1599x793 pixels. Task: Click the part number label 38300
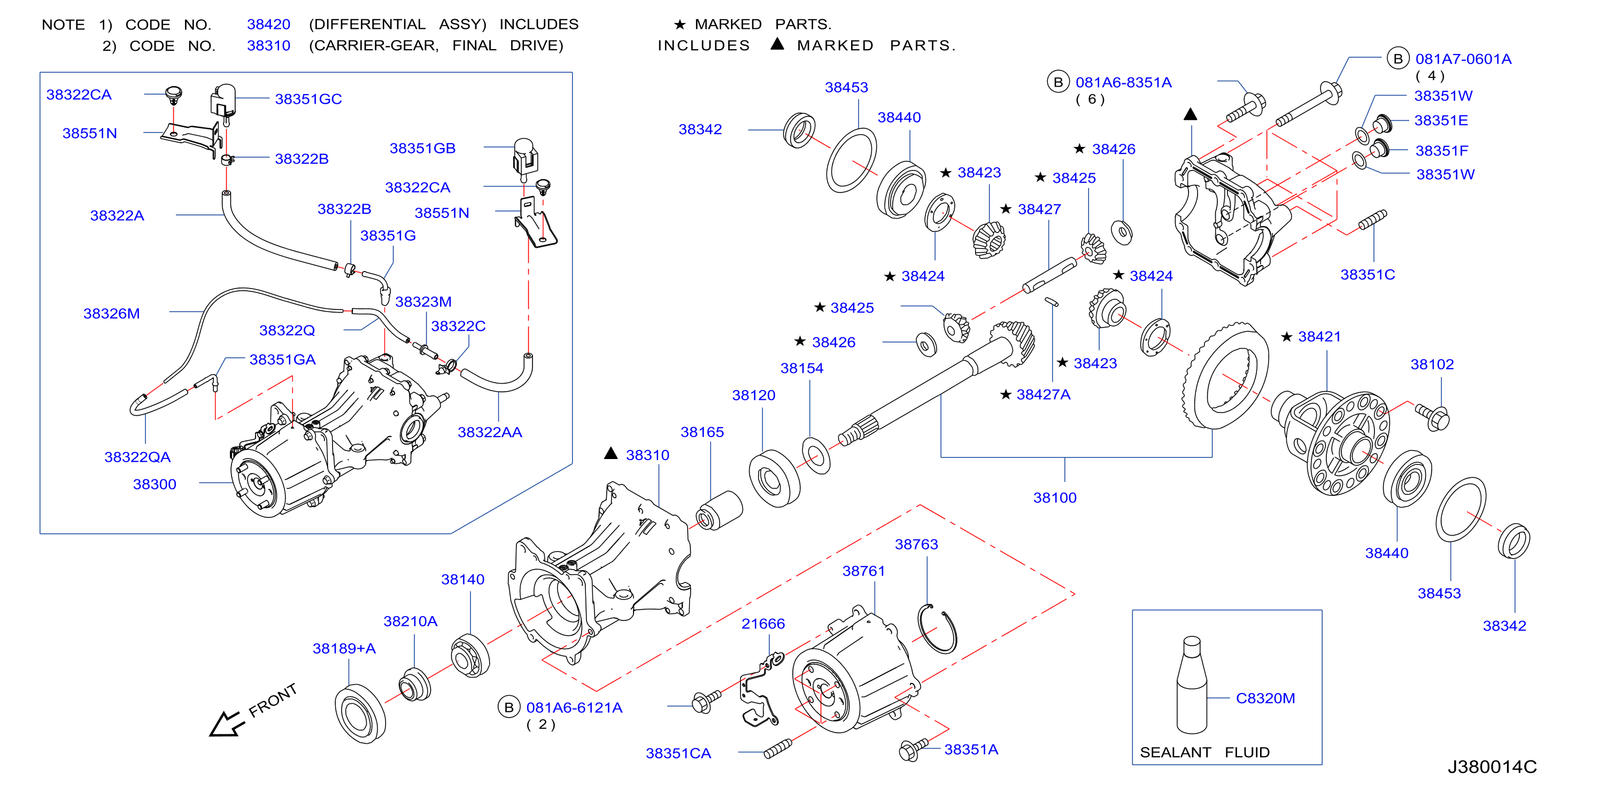pyautogui.click(x=155, y=484)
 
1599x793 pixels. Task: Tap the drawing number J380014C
pyautogui.click(x=1492, y=767)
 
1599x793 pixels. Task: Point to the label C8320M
pyautogui.click(x=1265, y=698)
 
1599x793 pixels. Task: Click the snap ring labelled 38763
pyautogui.click(x=937, y=628)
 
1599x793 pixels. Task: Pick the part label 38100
pyautogui.click(x=1055, y=497)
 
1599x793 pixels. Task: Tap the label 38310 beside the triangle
pyautogui.click(x=647, y=455)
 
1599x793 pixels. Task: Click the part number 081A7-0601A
pyautogui.click(x=1463, y=59)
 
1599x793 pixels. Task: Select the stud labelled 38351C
pyautogui.click(x=1373, y=220)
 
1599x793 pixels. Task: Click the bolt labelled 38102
pyautogui.click(x=1432, y=416)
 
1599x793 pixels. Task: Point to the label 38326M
pyautogui.click(x=112, y=313)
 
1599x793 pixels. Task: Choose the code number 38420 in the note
pyautogui.click(x=269, y=24)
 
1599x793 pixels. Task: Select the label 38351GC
pyautogui.click(x=308, y=99)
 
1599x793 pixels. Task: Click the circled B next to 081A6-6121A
pyautogui.click(x=509, y=707)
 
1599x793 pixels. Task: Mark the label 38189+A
pyautogui.click(x=344, y=648)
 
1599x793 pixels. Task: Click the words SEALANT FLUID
pyautogui.click(x=1204, y=752)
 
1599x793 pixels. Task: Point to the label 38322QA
pyautogui.click(x=137, y=457)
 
